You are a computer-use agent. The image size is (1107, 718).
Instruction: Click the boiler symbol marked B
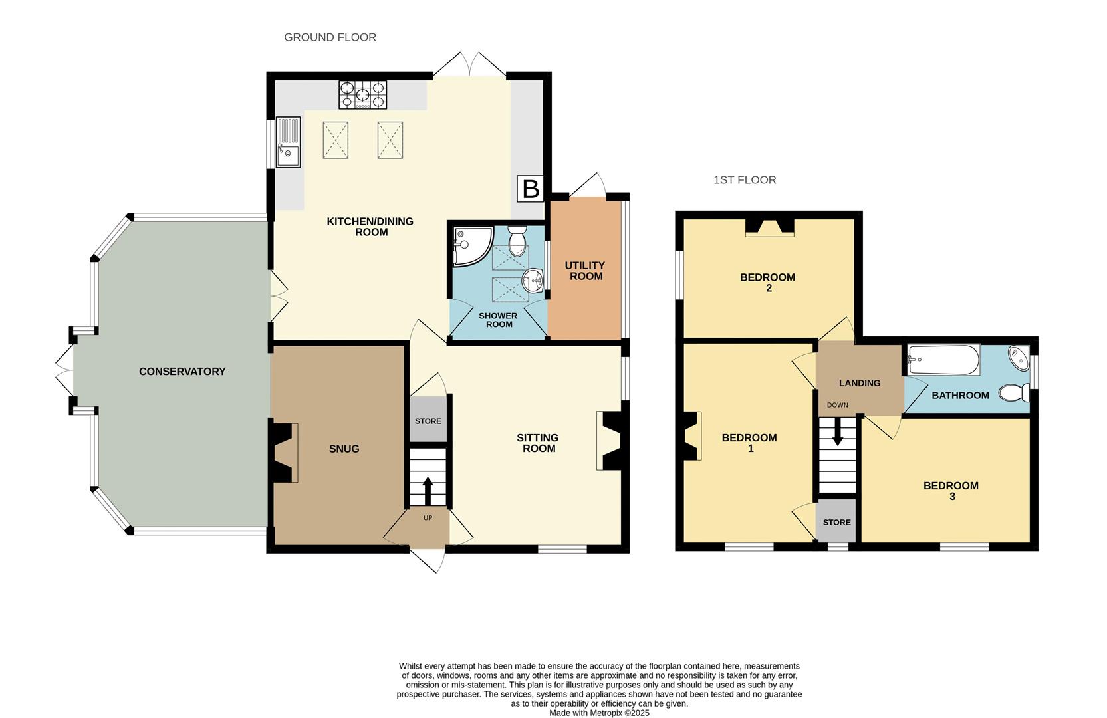(531, 189)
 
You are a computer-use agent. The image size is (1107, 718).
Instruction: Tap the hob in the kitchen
(362, 95)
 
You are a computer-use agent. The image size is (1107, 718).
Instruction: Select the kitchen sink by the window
(288, 142)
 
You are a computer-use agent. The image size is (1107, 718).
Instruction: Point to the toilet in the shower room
(517, 241)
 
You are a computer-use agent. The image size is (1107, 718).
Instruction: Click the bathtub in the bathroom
(943, 360)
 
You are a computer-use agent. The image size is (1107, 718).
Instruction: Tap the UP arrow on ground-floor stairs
(428, 491)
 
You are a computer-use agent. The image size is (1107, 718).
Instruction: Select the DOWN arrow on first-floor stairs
(837, 431)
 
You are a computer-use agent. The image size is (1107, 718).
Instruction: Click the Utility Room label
(585, 271)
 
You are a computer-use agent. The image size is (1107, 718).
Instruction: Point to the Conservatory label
(182, 372)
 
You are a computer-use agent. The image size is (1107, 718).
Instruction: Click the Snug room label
(344, 449)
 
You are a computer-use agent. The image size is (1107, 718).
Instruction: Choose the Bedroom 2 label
(767, 282)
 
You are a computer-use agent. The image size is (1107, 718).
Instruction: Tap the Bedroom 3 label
(951, 491)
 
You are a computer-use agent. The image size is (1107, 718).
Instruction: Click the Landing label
(859, 383)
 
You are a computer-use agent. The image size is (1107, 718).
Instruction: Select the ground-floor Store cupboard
(428, 421)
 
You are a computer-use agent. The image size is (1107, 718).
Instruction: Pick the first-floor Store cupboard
(836, 522)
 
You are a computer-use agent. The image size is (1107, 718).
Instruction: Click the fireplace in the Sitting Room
(610, 441)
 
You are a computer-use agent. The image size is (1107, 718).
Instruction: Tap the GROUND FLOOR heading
(330, 37)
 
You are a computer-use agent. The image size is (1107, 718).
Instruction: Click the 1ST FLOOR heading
(745, 180)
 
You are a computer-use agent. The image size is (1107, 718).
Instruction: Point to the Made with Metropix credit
(598, 713)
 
